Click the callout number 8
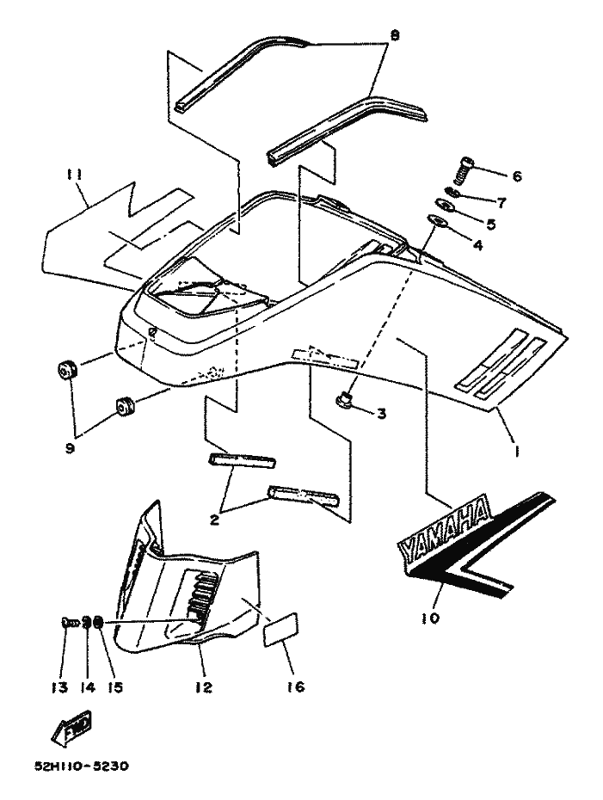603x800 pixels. (395, 35)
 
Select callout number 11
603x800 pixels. (75, 175)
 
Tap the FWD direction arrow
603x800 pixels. (71, 725)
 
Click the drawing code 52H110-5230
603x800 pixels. (82, 766)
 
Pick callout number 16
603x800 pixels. (296, 686)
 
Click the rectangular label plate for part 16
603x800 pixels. (280, 630)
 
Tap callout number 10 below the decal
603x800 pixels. (431, 618)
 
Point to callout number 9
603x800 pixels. (70, 448)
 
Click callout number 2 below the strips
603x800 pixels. (214, 520)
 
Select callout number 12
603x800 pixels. (203, 687)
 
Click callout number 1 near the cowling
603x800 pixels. (516, 451)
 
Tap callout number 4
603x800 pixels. (477, 245)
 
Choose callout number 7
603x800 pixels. (501, 203)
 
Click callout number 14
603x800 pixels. (88, 687)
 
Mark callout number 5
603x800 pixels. (491, 224)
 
